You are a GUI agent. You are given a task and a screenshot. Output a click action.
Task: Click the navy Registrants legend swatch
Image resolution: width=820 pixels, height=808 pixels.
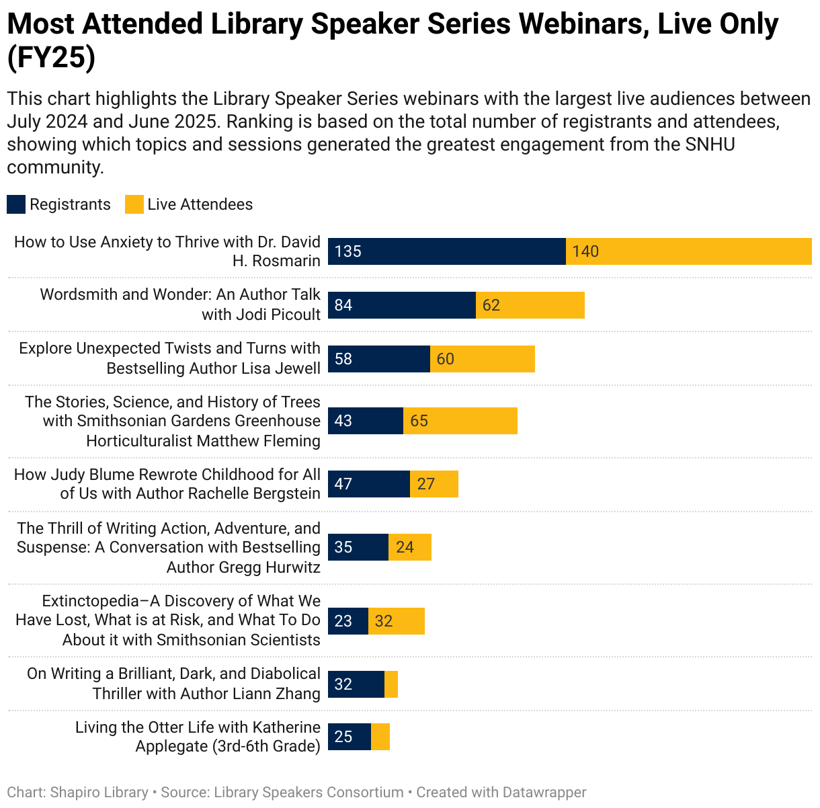[16, 204]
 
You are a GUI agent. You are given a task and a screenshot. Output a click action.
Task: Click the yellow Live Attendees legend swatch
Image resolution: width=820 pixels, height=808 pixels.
[134, 204]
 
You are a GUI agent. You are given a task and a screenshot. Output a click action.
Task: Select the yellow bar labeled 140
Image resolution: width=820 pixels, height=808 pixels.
[688, 251]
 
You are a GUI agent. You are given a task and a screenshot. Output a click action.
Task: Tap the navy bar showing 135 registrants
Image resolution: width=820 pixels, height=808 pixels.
[447, 251]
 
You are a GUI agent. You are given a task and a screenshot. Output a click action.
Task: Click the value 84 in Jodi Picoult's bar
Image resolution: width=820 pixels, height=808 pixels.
[343, 305]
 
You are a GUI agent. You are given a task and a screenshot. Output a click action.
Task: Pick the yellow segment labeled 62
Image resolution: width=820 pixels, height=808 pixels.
[530, 305]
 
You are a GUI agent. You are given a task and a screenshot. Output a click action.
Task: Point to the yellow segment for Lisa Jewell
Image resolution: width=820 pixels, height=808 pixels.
[483, 359]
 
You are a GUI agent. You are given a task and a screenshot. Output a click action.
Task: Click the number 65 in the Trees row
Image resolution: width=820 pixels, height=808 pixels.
[419, 421]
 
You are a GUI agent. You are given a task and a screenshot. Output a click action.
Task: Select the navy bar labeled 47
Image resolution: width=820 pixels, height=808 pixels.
[369, 484]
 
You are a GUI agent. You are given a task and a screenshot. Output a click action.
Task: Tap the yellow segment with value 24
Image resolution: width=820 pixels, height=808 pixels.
[410, 547]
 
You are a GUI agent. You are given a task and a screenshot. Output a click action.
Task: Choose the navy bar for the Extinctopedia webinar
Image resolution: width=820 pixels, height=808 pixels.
[348, 621]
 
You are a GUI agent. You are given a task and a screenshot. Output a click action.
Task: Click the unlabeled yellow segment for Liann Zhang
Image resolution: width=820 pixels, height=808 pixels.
[391, 684]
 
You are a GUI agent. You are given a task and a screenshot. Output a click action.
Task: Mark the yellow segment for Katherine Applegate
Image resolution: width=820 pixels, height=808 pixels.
[380, 737]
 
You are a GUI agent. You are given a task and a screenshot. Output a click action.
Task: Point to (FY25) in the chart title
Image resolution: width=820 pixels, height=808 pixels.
[51, 58]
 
